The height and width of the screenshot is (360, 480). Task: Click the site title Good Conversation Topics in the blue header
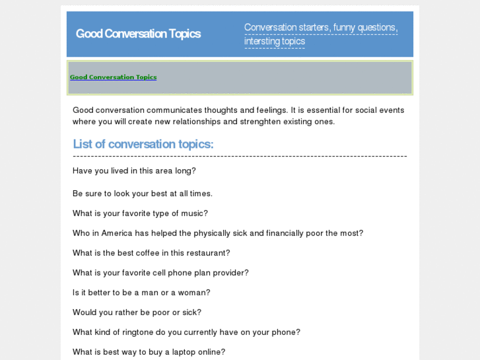click(138, 34)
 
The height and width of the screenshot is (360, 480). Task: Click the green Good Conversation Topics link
click(113, 77)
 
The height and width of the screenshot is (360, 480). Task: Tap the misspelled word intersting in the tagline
click(261, 42)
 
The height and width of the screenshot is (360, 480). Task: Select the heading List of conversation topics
click(143, 144)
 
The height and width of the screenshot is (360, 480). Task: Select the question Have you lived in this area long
click(134, 170)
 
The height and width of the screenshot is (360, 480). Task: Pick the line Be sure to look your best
click(143, 194)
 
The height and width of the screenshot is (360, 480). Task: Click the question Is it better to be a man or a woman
click(141, 293)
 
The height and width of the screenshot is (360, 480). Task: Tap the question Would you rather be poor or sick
click(137, 312)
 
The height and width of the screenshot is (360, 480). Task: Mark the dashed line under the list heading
click(240, 157)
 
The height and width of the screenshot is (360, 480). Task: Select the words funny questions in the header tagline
click(364, 28)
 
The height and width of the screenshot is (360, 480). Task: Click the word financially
click(289, 233)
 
